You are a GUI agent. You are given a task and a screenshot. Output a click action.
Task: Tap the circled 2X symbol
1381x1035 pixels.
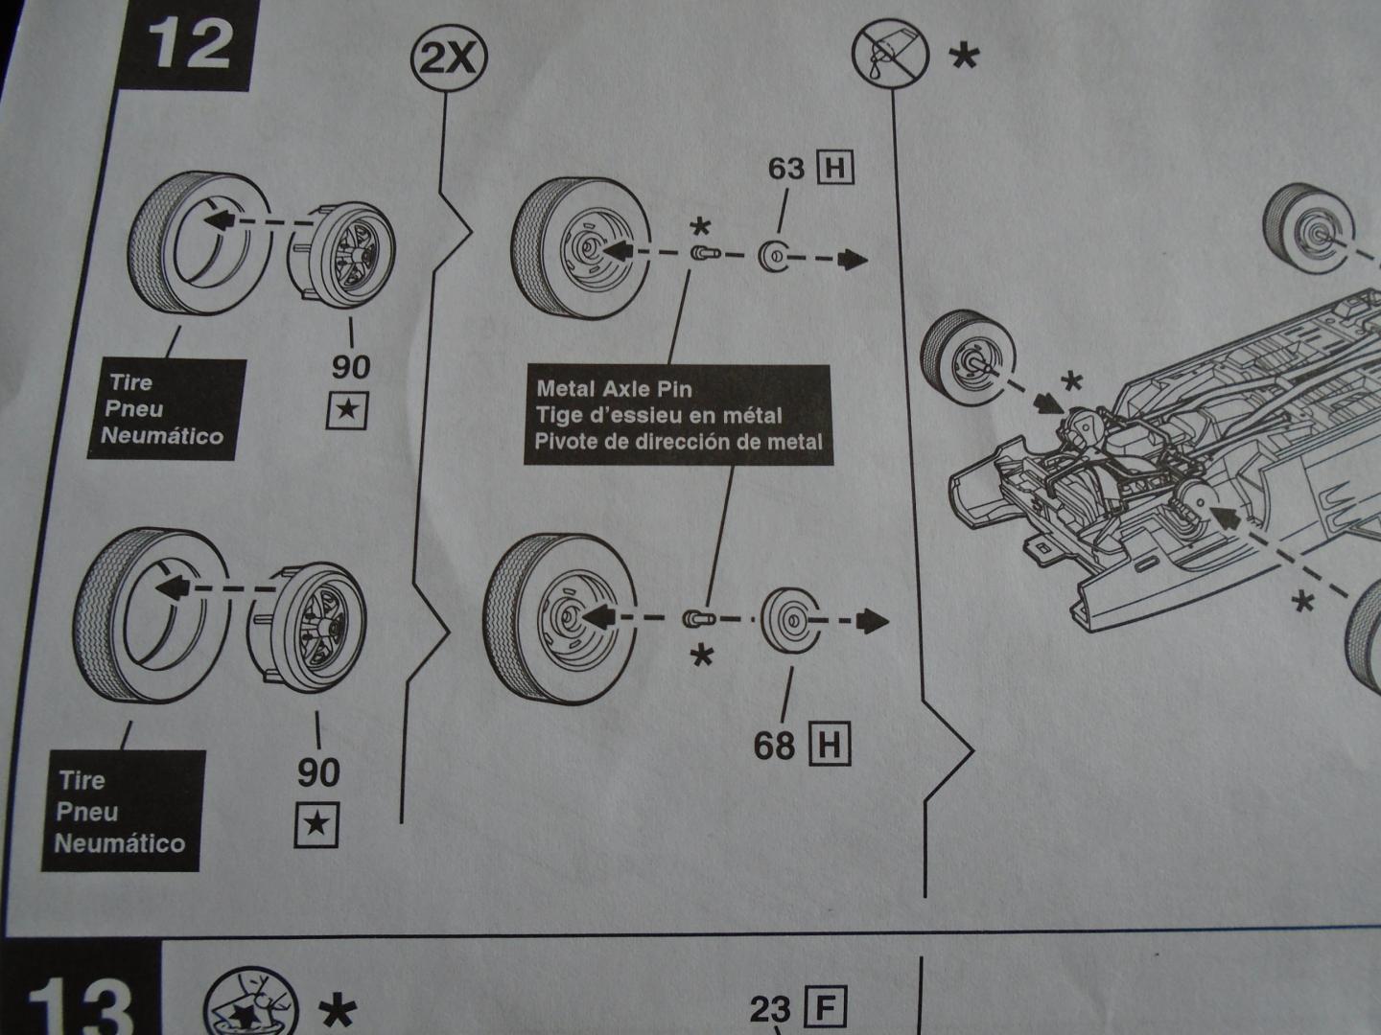coord(449,60)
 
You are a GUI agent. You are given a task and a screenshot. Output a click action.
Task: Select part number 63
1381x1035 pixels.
coord(785,169)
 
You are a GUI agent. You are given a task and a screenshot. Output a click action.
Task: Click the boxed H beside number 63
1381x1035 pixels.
coord(833,169)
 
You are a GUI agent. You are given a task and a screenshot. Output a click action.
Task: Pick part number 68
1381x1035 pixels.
coord(774,745)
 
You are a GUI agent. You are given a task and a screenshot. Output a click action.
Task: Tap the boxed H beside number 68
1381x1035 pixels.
coord(830,745)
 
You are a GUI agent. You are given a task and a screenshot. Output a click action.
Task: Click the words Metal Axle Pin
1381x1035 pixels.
coord(614,389)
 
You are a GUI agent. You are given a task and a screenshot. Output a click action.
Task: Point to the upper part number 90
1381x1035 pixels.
coord(351,366)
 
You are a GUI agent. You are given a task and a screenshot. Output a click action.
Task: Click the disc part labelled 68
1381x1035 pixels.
coord(793,619)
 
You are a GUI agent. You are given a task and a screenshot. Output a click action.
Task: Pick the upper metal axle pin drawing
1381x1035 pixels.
coord(703,254)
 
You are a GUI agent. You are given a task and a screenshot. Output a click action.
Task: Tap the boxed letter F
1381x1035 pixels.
coord(826,1008)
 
